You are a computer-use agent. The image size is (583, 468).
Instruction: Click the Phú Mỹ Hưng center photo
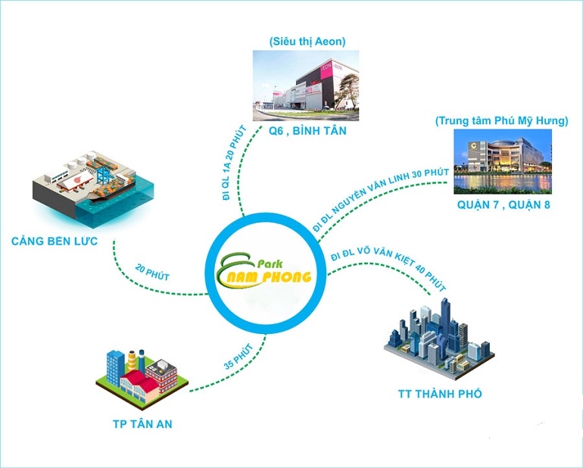501,161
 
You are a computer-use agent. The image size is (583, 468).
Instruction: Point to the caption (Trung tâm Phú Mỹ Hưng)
502,121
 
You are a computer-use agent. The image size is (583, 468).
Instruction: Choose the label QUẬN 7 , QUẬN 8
503,204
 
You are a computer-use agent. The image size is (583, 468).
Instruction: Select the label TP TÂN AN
138,424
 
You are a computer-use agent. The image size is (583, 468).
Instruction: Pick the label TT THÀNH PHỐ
440,395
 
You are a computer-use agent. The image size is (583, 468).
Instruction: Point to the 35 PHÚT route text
238,355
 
